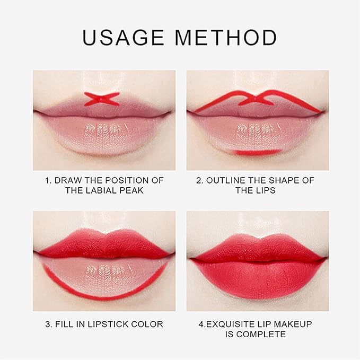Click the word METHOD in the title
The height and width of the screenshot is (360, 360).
[x=228, y=38]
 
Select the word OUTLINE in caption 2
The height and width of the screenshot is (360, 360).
[x=225, y=180]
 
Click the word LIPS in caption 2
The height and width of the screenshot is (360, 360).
[x=266, y=190]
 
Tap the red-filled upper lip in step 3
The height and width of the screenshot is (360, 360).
[x=104, y=245]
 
